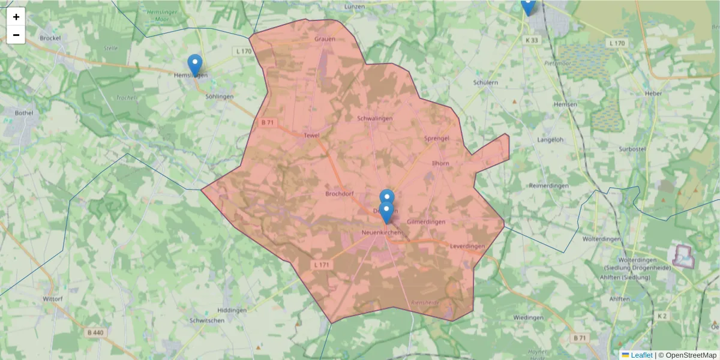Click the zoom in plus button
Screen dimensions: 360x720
point(16,17)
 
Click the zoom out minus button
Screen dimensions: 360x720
point(16,35)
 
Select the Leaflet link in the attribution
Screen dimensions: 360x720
point(641,355)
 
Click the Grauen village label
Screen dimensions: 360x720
point(325,39)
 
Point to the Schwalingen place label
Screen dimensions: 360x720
point(374,118)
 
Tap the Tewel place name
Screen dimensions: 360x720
point(311,136)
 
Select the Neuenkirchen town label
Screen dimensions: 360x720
point(382,232)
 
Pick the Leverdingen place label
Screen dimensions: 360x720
point(467,247)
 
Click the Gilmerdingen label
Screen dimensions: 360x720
point(426,222)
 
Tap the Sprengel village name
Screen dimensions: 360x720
point(437,139)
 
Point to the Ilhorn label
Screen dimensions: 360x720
point(440,163)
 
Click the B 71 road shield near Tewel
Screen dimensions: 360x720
point(268,122)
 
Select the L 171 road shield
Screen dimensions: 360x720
point(321,265)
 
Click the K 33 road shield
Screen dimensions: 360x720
point(532,40)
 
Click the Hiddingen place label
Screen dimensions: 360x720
point(232,310)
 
